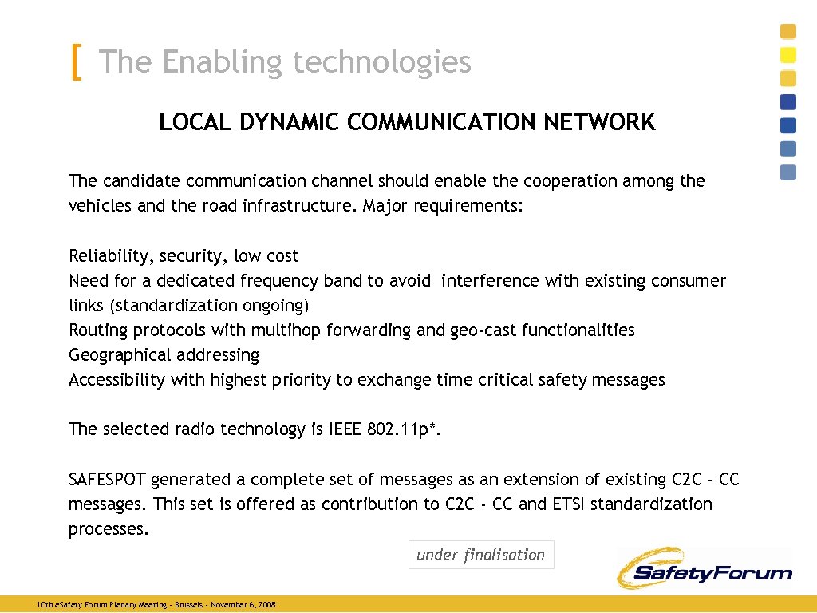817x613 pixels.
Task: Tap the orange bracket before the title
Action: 76,62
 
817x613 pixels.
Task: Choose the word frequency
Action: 281,281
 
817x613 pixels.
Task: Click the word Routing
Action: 99,330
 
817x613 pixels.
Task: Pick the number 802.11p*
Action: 403,429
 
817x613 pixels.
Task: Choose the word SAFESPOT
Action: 107,480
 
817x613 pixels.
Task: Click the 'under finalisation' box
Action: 480,555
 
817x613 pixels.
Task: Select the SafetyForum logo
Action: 704,568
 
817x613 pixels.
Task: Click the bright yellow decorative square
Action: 788,55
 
